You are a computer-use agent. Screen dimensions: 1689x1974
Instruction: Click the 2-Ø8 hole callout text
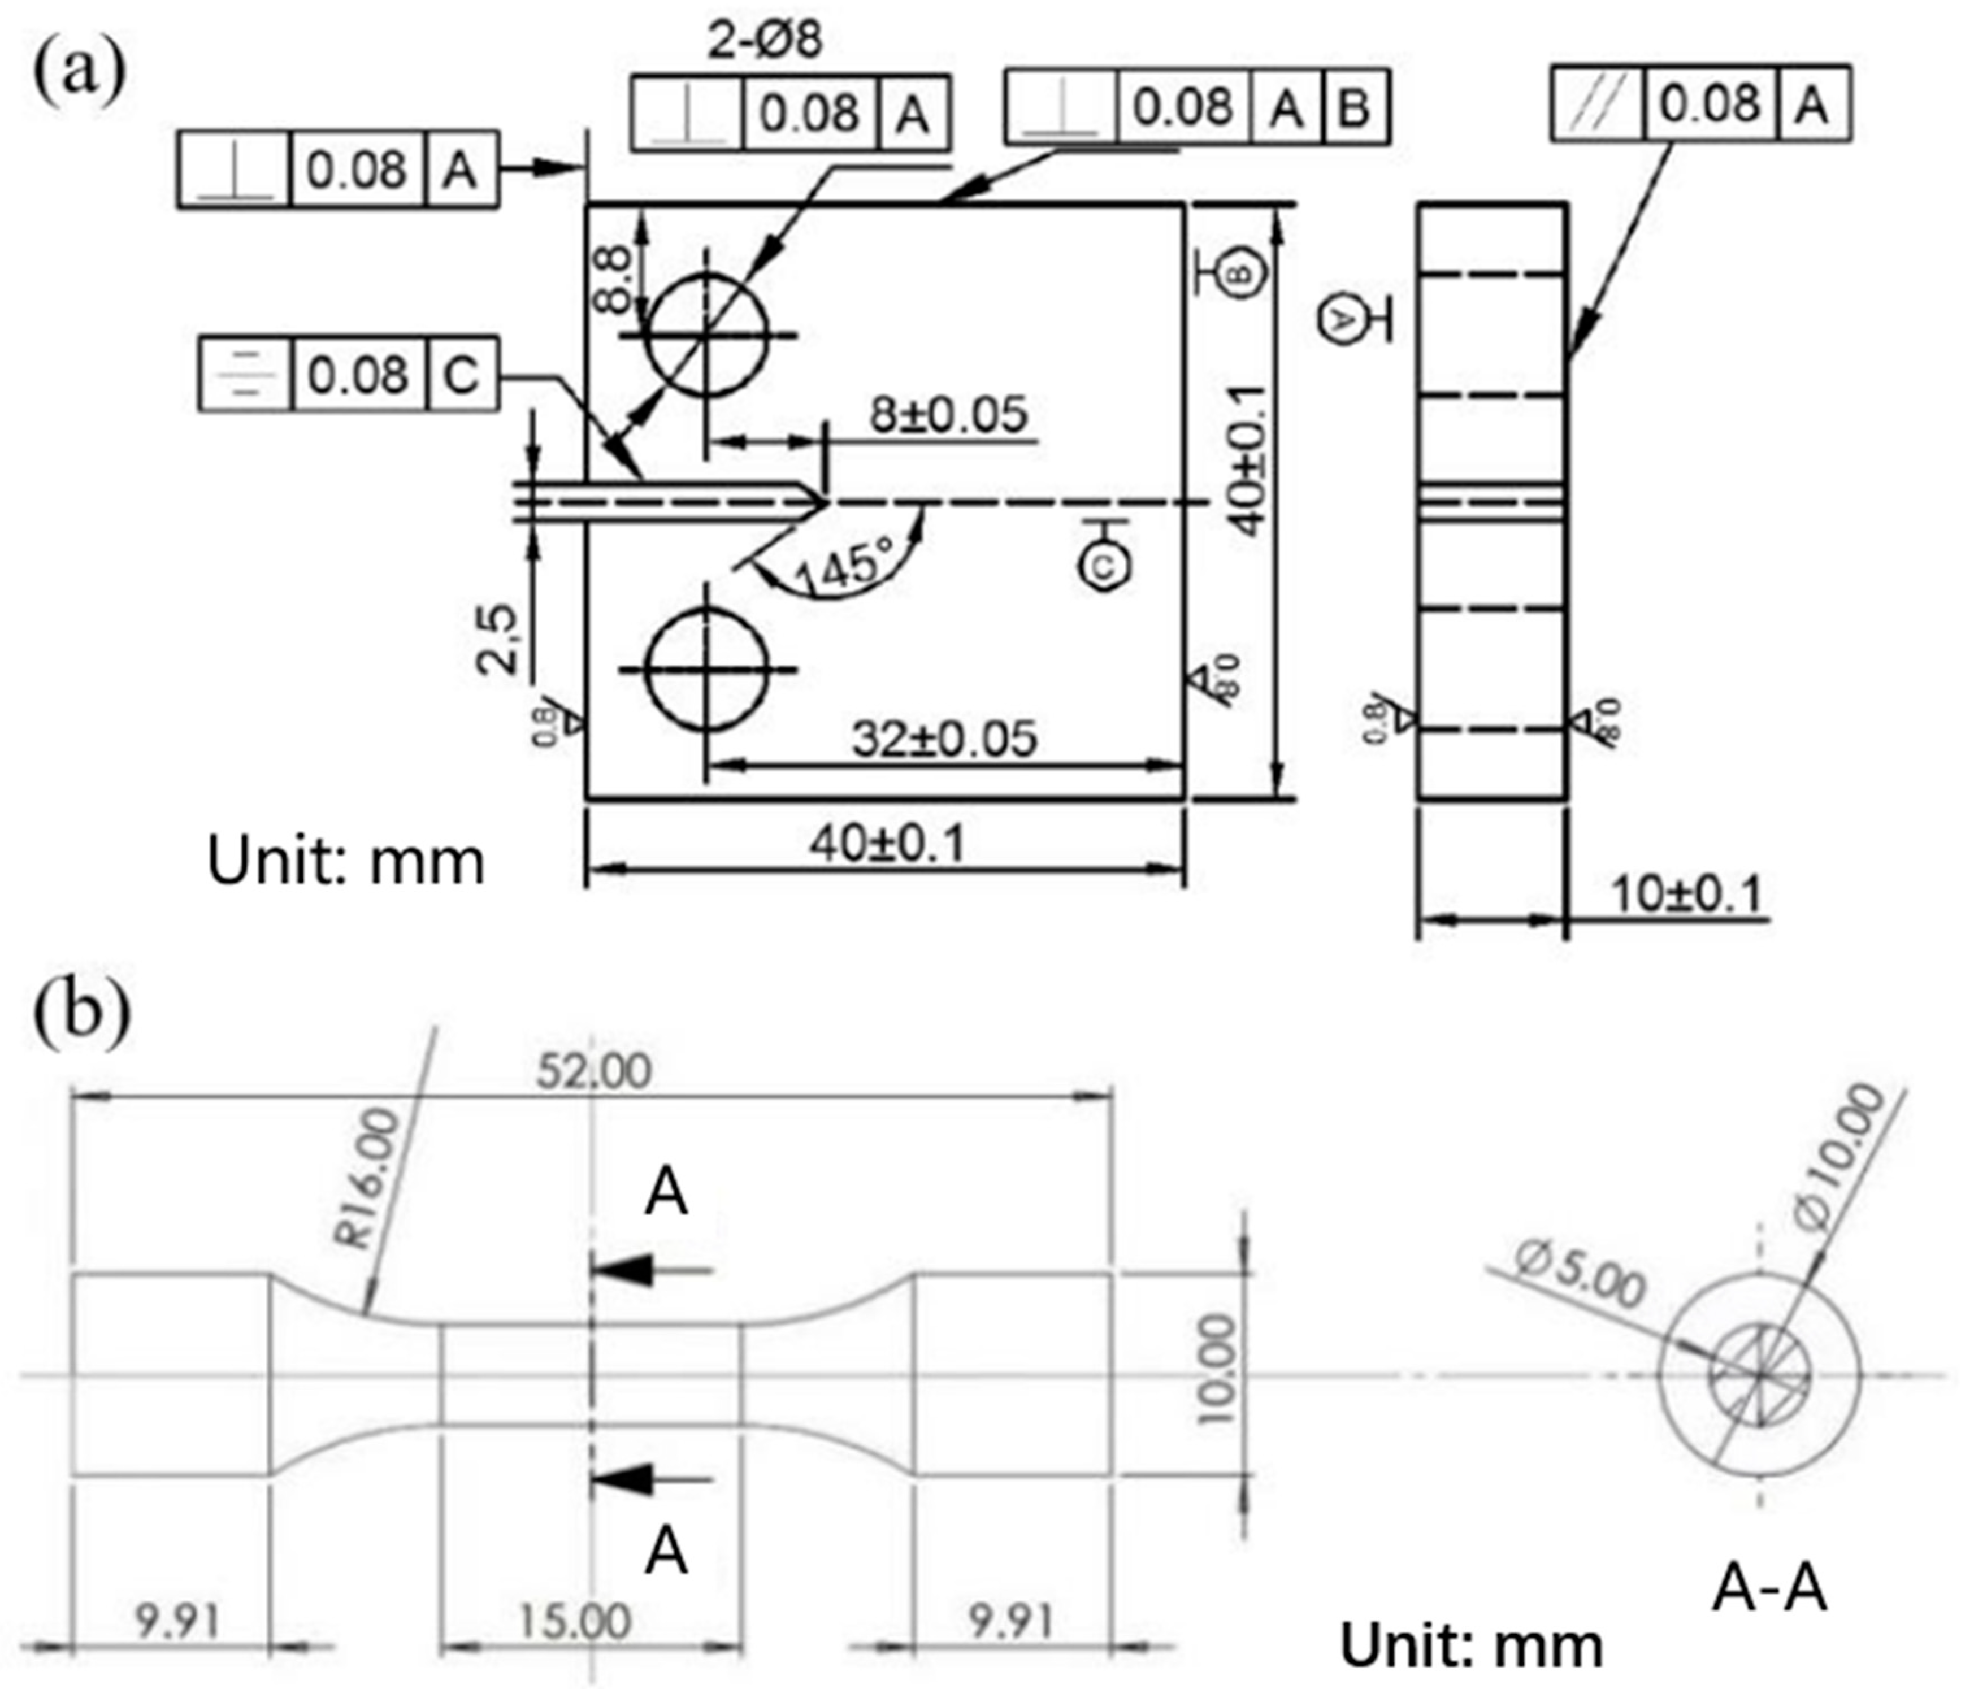point(765,40)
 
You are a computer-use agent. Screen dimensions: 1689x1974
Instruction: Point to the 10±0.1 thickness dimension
point(1686,893)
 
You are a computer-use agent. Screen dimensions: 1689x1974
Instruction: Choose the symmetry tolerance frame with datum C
point(349,374)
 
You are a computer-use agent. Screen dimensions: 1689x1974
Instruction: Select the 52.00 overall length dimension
point(593,1072)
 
